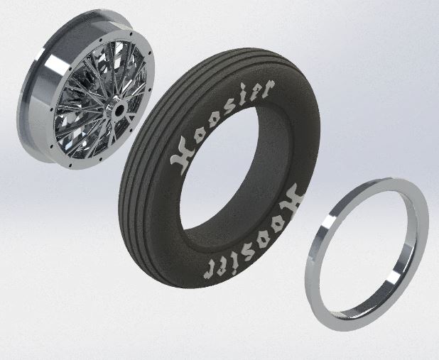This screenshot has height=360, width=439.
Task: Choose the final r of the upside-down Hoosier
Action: point(210,269)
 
